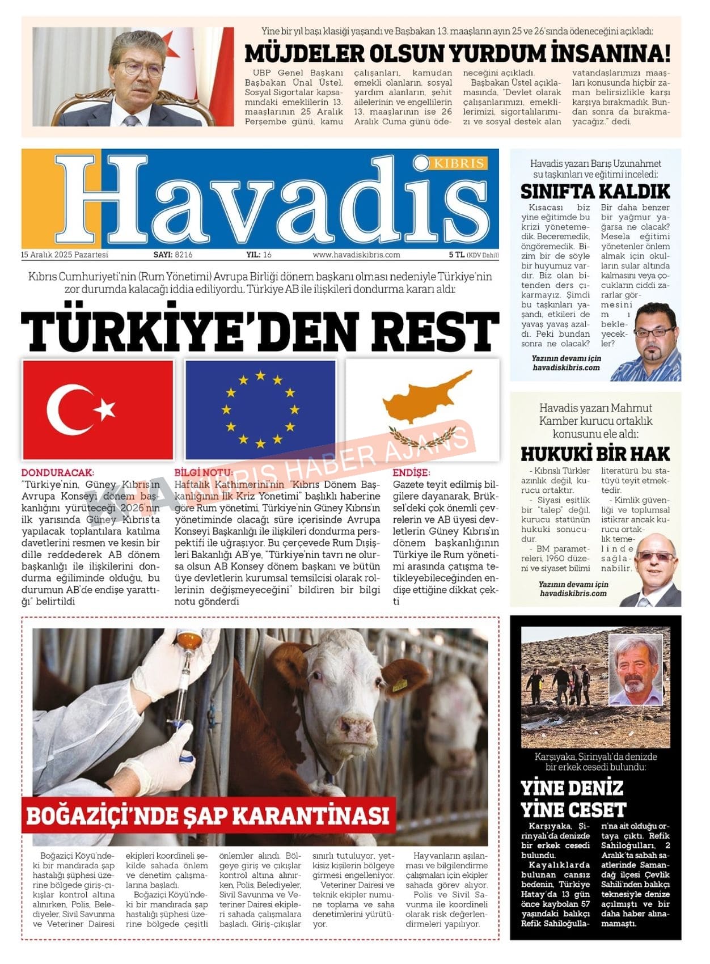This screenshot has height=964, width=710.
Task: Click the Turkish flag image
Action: tap(98, 409)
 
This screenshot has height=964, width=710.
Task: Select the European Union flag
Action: tap(260, 409)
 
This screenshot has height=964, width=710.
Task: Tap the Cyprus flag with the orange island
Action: tap(422, 409)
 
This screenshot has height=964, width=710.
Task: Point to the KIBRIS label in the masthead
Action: tap(459, 163)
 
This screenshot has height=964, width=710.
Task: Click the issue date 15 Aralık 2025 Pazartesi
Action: tap(65, 255)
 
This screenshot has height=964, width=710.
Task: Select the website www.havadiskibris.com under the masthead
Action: tap(356, 255)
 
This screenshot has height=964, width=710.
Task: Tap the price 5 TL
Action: tap(457, 255)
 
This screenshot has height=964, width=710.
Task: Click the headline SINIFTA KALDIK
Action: tap(595, 191)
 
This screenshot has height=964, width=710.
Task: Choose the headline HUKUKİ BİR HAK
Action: tap(595, 454)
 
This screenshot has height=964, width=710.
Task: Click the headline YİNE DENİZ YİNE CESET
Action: tap(573, 798)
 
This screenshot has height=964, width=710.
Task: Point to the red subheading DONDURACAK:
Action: tap(58, 472)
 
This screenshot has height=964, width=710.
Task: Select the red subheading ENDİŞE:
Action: tap(411, 472)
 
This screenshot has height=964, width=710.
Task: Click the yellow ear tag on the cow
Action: tap(400, 684)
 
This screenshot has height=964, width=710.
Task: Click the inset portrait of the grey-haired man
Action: tap(635, 669)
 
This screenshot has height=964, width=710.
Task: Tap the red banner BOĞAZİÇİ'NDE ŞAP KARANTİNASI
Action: tap(208, 815)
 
